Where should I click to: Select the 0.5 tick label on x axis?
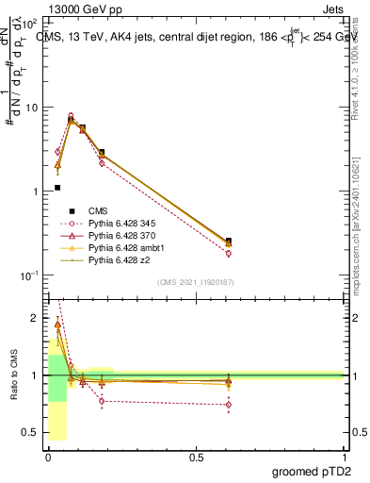[196, 457]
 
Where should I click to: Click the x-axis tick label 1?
[344, 457]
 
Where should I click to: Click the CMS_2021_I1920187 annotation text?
[196, 282]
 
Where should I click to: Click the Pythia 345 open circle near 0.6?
[229, 253]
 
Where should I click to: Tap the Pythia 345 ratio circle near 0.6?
[229, 405]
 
